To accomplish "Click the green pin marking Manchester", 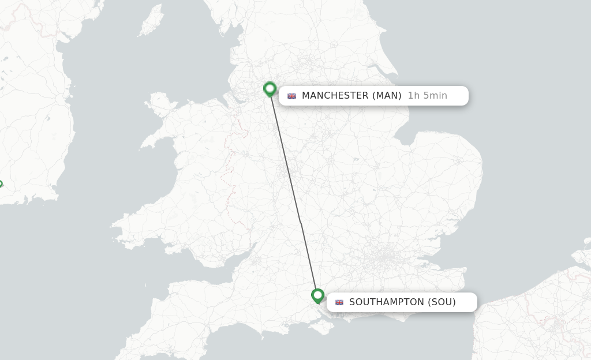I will pyautogui.click(x=270, y=89).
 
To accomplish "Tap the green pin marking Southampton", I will pyautogui.click(x=317, y=295).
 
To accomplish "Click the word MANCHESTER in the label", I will pyautogui.click(x=335, y=96).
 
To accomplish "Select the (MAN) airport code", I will pyautogui.click(x=387, y=96).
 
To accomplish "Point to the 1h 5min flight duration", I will pyautogui.click(x=427, y=96).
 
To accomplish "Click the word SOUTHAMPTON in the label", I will pyautogui.click(x=386, y=302).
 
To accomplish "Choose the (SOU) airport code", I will pyautogui.click(x=442, y=302).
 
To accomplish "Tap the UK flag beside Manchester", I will pyautogui.click(x=291, y=96).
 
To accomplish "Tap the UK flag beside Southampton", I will pyautogui.click(x=339, y=302).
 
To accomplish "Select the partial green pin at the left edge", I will pyautogui.click(x=1, y=185).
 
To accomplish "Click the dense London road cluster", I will pyautogui.click(x=385, y=257).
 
